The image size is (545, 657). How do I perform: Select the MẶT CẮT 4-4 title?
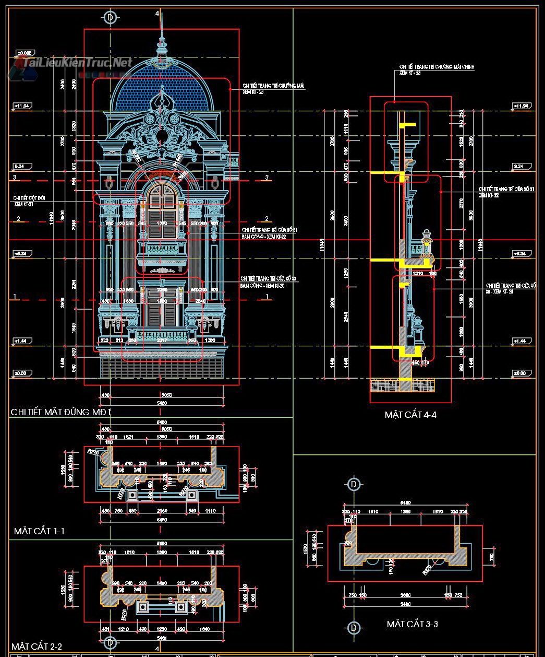(x=410, y=415)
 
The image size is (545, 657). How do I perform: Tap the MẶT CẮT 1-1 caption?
(x=39, y=531)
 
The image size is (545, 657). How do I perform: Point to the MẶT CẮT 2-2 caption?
(x=37, y=647)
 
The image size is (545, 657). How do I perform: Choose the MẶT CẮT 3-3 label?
(x=412, y=624)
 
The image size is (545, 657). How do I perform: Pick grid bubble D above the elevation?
(x=110, y=17)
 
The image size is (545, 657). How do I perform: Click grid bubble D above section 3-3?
(x=354, y=484)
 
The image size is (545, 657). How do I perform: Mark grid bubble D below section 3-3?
(x=354, y=627)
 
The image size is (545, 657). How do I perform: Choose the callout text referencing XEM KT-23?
(x=273, y=88)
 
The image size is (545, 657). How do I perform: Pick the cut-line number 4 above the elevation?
(x=157, y=14)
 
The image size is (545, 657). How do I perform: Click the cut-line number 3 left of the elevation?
(x=15, y=178)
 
